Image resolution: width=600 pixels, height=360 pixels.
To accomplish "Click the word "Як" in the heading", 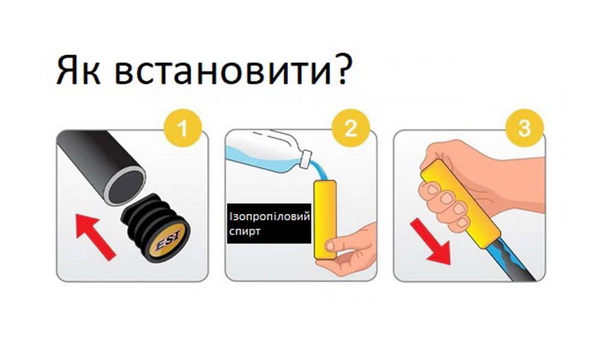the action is point(79,70).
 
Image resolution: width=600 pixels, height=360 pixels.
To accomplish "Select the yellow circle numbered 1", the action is point(182,127).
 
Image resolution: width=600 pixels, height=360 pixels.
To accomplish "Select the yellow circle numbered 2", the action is point(350,127).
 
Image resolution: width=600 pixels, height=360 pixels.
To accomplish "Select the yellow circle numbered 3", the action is point(524,127).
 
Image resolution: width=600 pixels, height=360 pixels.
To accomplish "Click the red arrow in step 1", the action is point(95,237).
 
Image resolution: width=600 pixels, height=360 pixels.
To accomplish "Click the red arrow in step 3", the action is point(431,244).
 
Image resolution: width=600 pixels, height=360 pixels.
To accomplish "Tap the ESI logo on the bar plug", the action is point(169,241).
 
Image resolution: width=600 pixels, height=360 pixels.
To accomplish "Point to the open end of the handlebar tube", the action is point(125,186).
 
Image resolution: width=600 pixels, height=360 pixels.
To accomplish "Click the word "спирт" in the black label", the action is point(245,231).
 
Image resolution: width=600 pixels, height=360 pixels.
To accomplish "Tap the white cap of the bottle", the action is point(305,159).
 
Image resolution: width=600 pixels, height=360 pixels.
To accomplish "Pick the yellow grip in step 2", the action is point(325,219).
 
